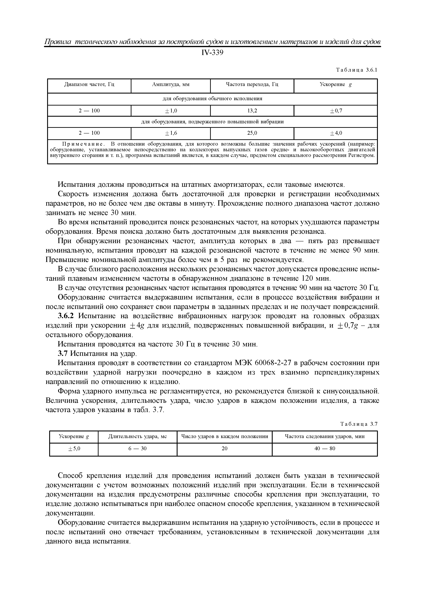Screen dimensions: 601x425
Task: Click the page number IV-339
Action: click(x=212, y=53)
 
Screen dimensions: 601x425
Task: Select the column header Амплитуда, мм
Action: click(x=171, y=85)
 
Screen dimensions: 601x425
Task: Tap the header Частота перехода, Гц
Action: click(x=252, y=85)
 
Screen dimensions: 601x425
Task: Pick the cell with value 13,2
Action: click(x=252, y=111)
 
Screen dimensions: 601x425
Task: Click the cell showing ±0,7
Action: click(x=336, y=111)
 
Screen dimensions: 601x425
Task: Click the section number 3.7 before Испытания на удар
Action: click(x=63, y=354)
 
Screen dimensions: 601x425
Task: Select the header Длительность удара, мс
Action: click(x=137, y=436)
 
